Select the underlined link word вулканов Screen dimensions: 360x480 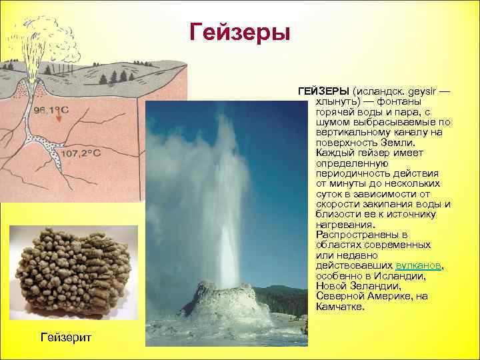[x=419, y=265]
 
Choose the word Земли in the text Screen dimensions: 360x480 [x=397, y=142]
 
